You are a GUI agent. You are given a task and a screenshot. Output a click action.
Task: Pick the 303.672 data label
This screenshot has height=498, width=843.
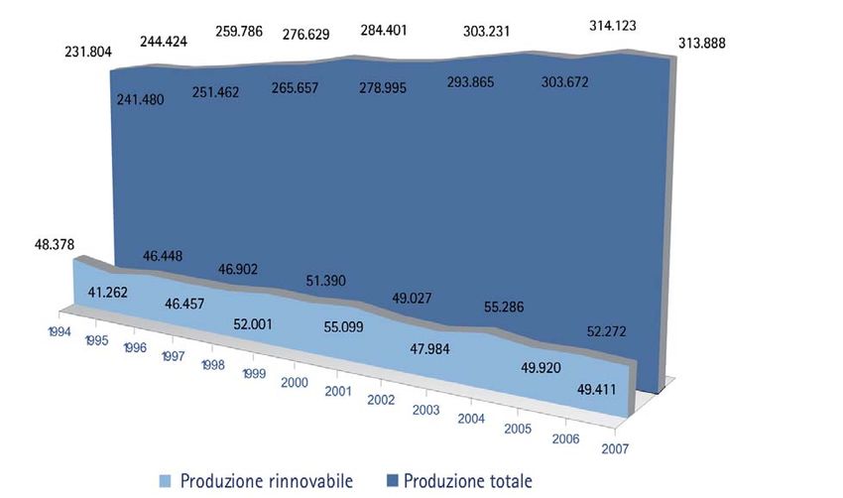coord(562,81)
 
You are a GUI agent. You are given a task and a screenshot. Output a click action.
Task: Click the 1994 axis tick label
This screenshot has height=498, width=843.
coord(59,332)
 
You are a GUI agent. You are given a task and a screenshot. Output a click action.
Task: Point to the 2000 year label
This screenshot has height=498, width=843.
coord(296,382)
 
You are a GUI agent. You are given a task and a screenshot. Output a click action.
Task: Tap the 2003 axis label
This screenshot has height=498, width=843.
coord(426,410)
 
